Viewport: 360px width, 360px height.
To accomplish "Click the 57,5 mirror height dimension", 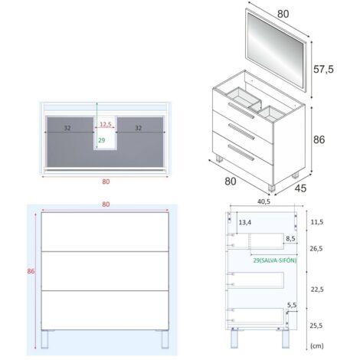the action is click(323, 69).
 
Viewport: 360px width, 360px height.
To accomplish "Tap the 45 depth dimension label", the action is click(300, 188).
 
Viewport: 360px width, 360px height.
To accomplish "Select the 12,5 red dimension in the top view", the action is click(106, 124).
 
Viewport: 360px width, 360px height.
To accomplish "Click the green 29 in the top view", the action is click(102, 140).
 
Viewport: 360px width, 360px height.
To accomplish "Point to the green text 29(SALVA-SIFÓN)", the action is click(275, 260).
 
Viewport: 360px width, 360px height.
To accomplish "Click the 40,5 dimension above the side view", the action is click(263, 201).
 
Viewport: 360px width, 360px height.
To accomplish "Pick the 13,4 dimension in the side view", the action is click(245, 222).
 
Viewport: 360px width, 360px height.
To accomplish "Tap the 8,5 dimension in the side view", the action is click(290, 238).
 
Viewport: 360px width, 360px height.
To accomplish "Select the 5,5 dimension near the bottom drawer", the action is click(292, 305).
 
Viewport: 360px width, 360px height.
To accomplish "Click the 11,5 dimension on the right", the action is click(317, 222).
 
